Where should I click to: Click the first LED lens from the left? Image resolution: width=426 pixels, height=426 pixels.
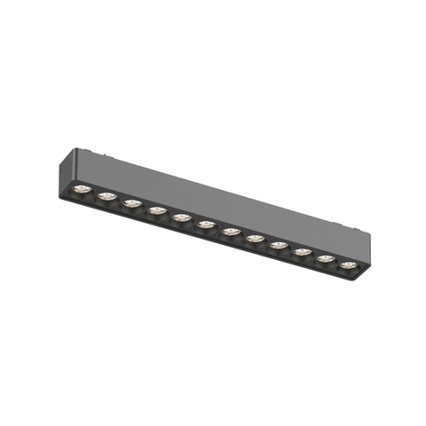(x=82, y=189)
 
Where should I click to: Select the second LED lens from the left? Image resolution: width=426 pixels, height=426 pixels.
(x=106, y=196)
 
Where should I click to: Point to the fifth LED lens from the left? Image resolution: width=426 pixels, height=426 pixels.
(x=182, y=217)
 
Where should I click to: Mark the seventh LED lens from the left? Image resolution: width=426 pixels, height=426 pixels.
(x=231, y=232)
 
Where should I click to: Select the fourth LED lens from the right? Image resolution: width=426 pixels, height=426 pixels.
(x=279, y=245)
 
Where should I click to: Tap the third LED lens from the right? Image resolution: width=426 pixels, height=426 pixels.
(x=303, y=252)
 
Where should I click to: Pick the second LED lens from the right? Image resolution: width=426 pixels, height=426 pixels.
(x=326, y=258)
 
